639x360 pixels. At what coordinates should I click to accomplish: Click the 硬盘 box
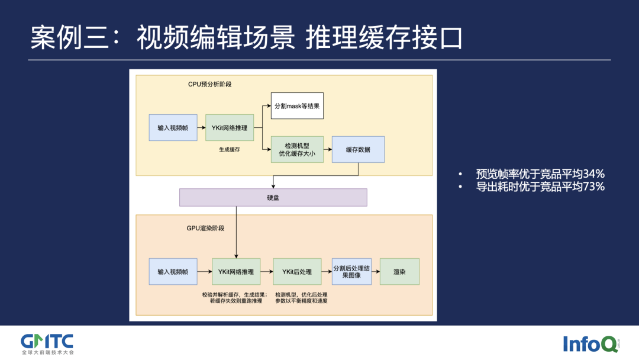click(273, 197)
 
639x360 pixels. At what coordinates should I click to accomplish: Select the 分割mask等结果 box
click(297, 107)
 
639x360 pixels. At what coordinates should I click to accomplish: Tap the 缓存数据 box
click(358, 149)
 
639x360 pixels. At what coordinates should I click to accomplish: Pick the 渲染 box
click(399, 272)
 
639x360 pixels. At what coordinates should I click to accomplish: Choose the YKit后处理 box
click(296, 272)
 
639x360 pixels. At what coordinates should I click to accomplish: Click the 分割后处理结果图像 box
click(351, 272)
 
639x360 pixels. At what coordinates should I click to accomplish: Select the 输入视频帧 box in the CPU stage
click(173, 128)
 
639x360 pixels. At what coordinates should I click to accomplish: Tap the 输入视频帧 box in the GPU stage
click(173, 272)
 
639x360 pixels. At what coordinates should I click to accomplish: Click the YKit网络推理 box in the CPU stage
click(229, 128)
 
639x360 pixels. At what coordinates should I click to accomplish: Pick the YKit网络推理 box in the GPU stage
click(235, 272)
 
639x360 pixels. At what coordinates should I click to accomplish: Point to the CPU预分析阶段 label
click(209, 85)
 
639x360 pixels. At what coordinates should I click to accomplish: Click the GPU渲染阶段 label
click(205, 228)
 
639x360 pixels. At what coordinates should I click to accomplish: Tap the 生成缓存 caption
click(229, 150)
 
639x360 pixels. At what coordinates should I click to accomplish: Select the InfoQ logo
click(590, 343)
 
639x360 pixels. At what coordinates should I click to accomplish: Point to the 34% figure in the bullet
click(593, 174)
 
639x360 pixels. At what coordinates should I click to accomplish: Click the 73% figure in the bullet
click(593, 187)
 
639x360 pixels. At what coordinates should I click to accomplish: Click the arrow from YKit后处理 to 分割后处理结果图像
click(326, 272)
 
